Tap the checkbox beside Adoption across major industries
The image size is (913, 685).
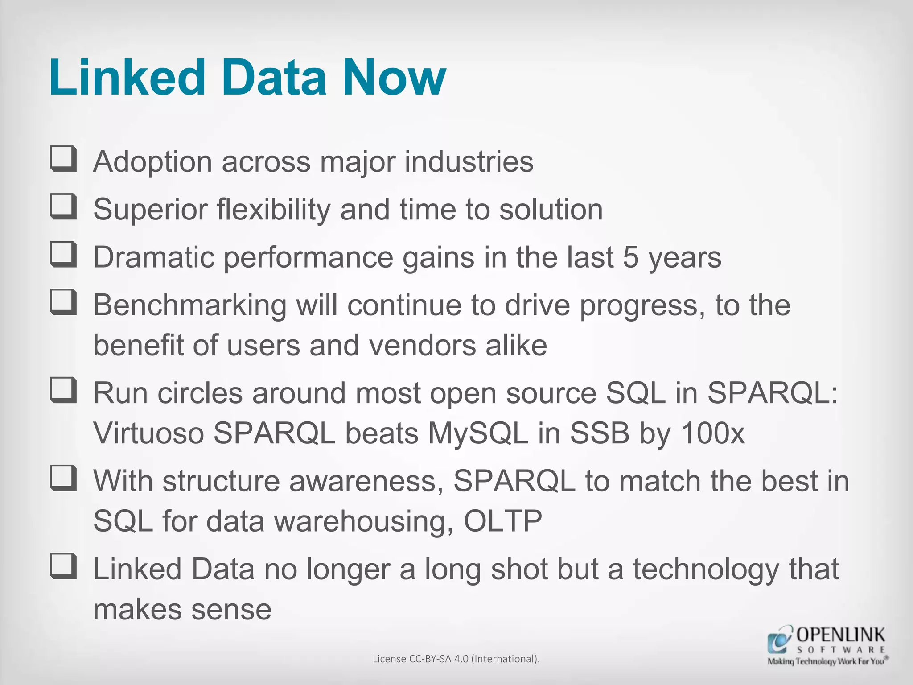[63, 159]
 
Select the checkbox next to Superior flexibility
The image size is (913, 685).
[63, 207]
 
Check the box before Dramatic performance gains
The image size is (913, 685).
[63, 255]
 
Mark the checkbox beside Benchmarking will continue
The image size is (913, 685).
[63, 303]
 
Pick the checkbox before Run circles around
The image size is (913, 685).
[63, 391]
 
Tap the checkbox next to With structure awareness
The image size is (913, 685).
[63, 479]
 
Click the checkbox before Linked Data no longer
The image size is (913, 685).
[63, 566]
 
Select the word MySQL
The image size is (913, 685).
[477, 433]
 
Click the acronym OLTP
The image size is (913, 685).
[503, 521]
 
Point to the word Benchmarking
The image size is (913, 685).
[189, 306]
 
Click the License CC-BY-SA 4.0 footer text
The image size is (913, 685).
[456, 659]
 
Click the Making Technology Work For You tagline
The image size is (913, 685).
[827, 661]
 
